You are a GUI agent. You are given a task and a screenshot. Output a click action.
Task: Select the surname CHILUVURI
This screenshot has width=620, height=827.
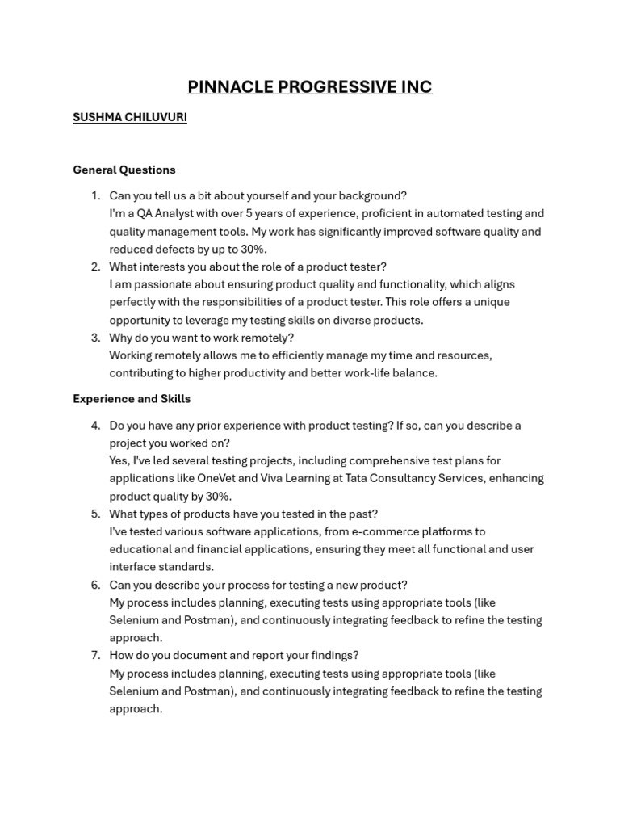(156, 117)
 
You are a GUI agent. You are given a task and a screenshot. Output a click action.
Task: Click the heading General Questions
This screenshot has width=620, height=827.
(124, 170)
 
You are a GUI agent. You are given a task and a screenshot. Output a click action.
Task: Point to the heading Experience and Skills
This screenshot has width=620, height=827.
(132, 399)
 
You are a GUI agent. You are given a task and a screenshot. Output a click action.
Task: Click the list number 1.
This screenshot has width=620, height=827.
(95, 195)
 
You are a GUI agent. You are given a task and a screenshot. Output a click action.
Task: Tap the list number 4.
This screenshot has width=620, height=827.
(95, 425)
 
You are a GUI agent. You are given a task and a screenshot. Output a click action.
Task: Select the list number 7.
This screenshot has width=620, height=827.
(95, 656)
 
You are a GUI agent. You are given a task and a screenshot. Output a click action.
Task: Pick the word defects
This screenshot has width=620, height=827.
(180, 249)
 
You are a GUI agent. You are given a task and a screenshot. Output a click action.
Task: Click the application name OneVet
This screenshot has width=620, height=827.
(220, 478)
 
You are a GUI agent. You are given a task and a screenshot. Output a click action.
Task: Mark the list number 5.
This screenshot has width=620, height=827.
(95, 514)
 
